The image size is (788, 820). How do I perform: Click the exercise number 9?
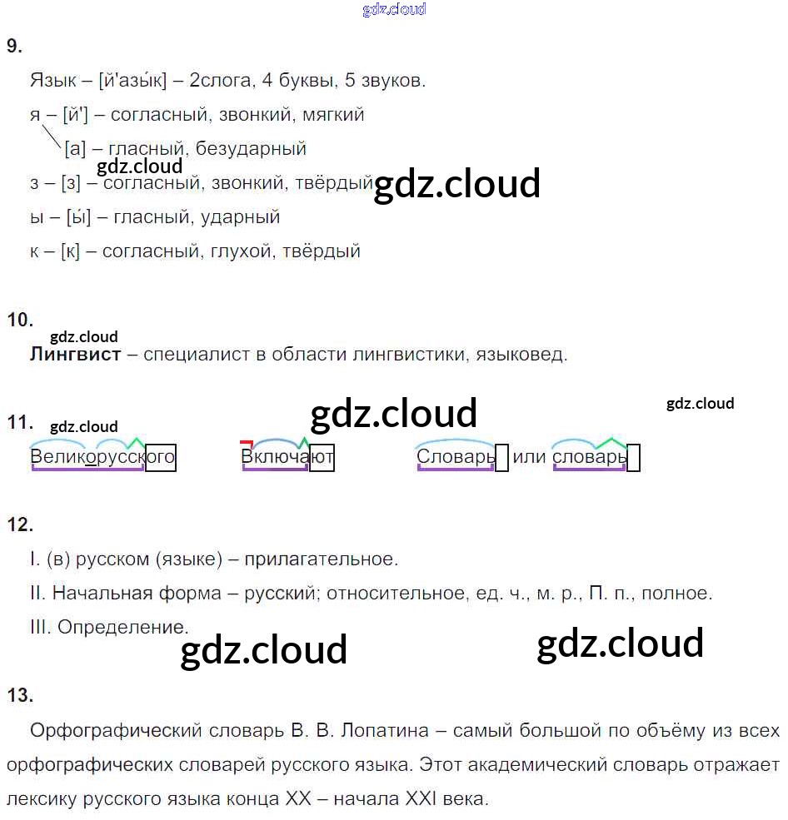(14, 47)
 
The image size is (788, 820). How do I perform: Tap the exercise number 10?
(19, 321)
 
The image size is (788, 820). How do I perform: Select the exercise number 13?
(19, 696)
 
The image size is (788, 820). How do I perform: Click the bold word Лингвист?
(75, 355)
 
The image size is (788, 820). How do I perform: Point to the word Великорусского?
(102, 457)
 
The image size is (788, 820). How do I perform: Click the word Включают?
(287, 457)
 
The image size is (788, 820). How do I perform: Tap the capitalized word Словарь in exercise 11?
(456, 457)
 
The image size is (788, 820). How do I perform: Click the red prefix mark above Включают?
(246, 443)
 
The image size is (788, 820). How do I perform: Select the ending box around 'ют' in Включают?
(322, 458)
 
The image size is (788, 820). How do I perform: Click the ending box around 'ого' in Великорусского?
(161, 458)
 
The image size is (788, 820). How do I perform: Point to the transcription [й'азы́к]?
(132, 81)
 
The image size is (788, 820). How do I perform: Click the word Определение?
(122, 628)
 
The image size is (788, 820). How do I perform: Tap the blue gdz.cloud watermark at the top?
(394, 9)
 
